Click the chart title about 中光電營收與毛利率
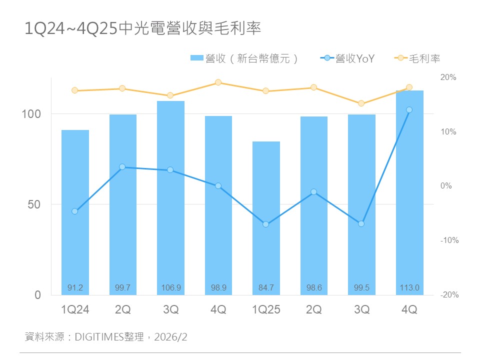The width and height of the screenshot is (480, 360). click(x=143, y=28)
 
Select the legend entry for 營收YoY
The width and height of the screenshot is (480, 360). click(x=347, y=58)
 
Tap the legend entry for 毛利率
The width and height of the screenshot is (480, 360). click(x=418, y=58)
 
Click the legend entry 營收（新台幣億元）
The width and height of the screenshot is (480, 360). click(x=245, y=58)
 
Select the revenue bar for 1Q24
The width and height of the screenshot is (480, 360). click(x=75, y=210)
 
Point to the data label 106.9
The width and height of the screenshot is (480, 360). click(x=170, y=287)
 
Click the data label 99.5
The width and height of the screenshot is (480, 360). click(x=361, y=287)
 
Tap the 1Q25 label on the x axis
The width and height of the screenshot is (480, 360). click(x=266, y=310)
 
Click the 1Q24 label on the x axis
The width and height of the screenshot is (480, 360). click(x=75, y=310)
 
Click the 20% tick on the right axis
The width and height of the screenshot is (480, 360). click(x=448, y=77)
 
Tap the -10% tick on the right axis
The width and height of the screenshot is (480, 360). click(x=449, y=240)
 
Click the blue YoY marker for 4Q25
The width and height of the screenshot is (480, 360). click(x=409, y=109)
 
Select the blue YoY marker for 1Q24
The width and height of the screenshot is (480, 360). click(x=75, y=211)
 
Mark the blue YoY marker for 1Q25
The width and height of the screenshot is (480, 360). click(x=266, y=224)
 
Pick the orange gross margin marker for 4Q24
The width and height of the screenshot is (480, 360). click(x=218, y=82)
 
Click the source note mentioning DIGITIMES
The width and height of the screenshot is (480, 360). click(x=106, y=337)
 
